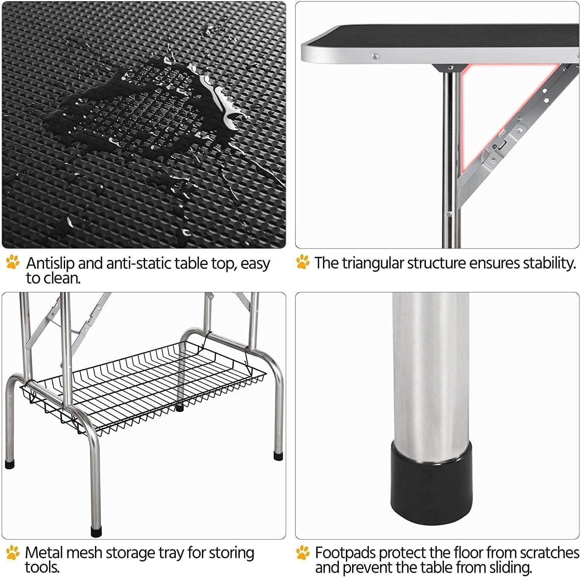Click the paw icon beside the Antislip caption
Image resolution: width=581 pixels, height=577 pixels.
13,263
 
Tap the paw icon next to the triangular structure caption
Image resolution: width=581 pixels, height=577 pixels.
303,263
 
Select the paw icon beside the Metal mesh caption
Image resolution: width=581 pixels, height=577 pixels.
13,552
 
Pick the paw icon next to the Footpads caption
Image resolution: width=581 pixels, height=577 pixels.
303,552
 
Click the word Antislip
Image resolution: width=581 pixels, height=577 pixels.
50,264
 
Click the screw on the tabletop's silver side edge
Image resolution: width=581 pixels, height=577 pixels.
375,55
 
